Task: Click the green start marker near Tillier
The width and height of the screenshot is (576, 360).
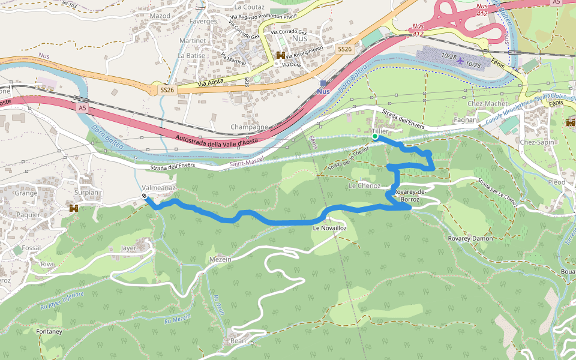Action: pos(375,137)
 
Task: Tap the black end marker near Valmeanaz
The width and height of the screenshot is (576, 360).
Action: pos(145,196)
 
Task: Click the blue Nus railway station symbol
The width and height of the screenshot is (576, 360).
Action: pos(323,83)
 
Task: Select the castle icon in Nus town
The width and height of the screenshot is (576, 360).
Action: pos(280,55)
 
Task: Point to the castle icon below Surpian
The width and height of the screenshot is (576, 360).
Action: pos(74,208)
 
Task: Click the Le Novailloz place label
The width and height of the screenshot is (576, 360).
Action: pos(329,229)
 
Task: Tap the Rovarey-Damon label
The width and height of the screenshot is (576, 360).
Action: pos(470,238)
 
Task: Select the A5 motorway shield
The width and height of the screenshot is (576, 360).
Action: pos(82,108)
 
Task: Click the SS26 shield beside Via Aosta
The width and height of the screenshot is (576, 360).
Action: pos(167,89)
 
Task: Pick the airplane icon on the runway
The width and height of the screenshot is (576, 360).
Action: pos(460,60)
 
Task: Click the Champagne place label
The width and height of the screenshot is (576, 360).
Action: pos(249,127)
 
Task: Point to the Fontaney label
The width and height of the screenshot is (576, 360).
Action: pos(49,332)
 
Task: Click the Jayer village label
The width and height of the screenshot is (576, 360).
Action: pos(128,247)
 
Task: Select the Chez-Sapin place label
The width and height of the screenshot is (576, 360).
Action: pos(537,142)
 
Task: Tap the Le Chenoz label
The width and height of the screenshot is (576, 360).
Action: pos(364,186)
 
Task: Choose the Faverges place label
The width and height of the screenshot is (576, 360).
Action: pos(203,21)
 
